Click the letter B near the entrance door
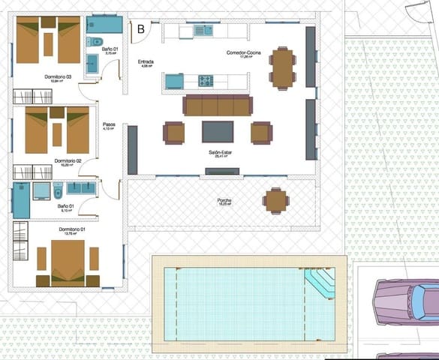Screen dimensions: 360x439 pos(141,29)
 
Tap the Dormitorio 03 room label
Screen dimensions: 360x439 pos(57,76)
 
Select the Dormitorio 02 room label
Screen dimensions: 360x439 pos(68,160)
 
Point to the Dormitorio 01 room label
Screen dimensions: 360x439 pos(72,229)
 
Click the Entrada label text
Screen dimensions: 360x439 pos(146,61)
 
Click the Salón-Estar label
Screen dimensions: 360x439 pos(224,152)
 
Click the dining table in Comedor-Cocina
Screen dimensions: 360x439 pos(283,68)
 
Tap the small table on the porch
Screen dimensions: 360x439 pos(275,200)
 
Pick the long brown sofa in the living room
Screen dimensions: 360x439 pos(218,106)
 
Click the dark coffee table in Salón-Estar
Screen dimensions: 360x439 pos(217,132)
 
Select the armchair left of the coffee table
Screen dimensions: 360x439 pos(173,133)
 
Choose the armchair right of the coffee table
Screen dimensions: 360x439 pos(261,133)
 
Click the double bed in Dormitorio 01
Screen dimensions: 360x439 pos(68,262)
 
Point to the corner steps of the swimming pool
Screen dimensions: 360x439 pos(321,283)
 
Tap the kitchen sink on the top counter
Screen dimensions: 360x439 pos(201,31)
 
